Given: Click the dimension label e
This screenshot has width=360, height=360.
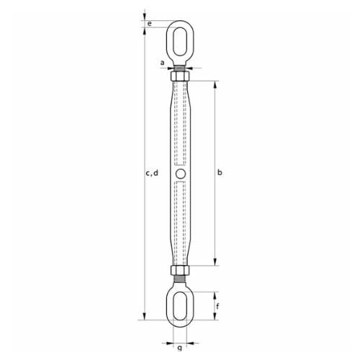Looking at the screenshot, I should tap(149, 24).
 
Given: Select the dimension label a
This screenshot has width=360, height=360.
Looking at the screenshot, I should tap(162, 63).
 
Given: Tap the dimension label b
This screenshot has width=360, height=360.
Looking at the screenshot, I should tap(219, 172).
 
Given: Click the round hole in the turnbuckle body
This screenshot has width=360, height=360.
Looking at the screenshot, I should tap(179, 173).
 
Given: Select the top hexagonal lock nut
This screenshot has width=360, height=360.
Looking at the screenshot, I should tap(179, 75).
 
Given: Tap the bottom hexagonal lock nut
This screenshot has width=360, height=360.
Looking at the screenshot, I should tap(179, 271).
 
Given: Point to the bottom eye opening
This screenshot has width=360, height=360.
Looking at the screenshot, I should tap(179, 304).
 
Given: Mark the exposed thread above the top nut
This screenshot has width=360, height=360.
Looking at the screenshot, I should tap(179, 67).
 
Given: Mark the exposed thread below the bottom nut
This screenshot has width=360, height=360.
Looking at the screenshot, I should tap(179, 280).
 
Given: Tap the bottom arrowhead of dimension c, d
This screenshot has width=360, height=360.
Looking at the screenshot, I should tap(144, 318).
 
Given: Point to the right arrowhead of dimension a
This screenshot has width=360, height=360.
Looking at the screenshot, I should tap(189, 68).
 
